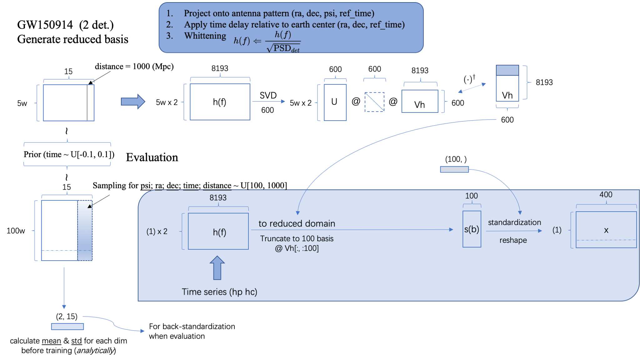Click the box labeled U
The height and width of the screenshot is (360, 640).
coord(335,102)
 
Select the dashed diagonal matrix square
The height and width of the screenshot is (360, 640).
coord(374,102)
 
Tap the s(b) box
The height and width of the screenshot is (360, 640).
coord(472,229)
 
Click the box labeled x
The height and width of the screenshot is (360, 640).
coord(606,230)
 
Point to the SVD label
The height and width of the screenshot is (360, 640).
coord(268,95)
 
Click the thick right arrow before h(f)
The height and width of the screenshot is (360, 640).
coord(133,102)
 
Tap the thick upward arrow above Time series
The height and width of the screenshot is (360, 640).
coord(217,268)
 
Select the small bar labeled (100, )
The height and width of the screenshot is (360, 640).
coord(454,169)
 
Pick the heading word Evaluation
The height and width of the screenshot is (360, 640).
coord(152,157)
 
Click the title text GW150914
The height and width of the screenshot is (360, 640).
coord(45,25)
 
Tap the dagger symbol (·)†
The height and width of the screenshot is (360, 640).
coord(469,79)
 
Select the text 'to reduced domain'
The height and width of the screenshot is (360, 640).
coord(297,223)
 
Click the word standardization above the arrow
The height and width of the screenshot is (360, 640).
coord(514,222)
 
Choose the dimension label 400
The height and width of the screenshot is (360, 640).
coord(606,195)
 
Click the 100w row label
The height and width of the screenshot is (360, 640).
coord(16,231)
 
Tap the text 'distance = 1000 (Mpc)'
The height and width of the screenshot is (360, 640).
coord(134,67)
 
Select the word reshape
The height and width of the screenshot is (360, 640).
coord(513,240)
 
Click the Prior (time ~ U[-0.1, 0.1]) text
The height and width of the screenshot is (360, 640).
coord(69,154)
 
